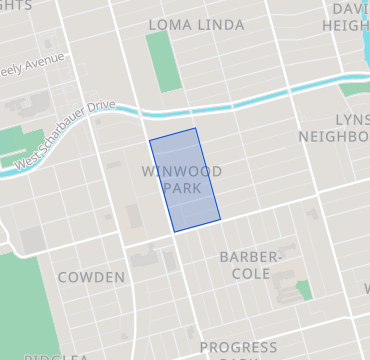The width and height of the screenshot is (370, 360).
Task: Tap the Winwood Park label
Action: click(181, 180)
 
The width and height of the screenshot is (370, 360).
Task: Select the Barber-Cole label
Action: click(252, 265)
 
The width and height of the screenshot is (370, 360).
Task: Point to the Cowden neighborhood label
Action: click(91, 277)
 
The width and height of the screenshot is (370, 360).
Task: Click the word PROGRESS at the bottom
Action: click(238, 348)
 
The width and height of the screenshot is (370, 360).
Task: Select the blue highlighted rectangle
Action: click(185, 180)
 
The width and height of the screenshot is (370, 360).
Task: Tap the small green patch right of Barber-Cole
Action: click(304, 289)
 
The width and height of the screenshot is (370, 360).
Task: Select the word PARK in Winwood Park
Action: click(181, 188)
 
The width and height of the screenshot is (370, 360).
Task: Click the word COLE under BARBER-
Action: click(252, 273)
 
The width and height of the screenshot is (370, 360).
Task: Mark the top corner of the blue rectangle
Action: click(195, 128)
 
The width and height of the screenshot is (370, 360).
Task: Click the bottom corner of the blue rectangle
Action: click(175, 232)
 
